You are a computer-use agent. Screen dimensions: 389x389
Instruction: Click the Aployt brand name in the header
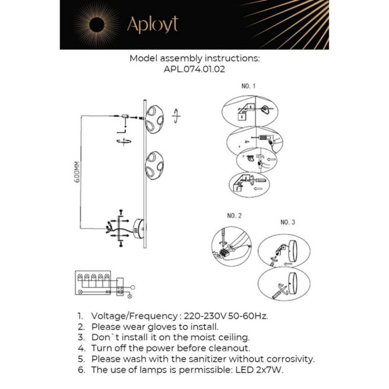(x=152, y=24)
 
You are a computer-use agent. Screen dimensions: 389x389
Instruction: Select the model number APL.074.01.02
(x=194, y=70)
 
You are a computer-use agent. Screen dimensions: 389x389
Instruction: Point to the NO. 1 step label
(x=248, y=87)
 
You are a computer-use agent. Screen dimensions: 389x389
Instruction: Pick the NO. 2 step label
(x=234, y=216)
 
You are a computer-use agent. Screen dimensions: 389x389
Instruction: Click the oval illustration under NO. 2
(x=231, y=246)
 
